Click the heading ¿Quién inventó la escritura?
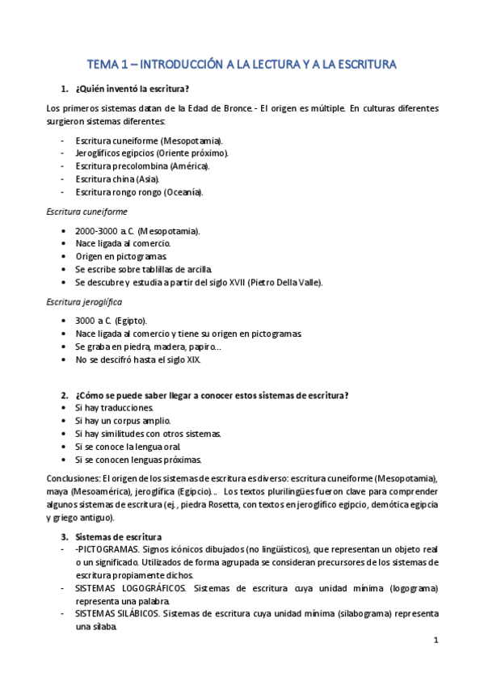click(137, 87)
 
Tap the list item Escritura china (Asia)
click(117, 179)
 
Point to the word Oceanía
click(184, 192)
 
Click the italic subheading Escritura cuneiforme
click(86, 211)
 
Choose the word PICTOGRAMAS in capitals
click(105, 549)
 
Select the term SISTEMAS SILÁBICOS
click(118, 614)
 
